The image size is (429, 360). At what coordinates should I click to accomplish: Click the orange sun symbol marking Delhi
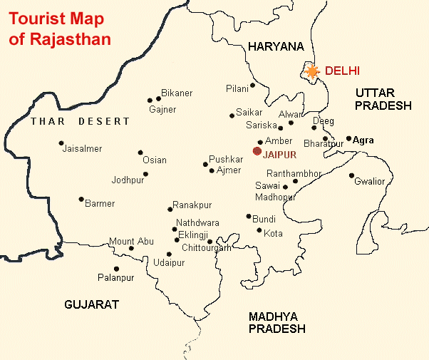click(x=311, y=71)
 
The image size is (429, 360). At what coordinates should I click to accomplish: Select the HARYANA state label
click(x=276, y=46)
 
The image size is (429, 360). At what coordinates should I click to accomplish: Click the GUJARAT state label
click(x=91, y=304)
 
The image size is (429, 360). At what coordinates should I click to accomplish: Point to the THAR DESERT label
click(x=81, y=122)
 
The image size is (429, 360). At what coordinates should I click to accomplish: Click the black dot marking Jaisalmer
click(x=61, y=143)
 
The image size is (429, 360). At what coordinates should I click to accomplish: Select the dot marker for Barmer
click(x=81, y=199)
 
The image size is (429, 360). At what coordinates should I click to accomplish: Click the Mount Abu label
click(x=131, y=242)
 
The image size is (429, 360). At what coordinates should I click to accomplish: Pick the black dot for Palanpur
click(x=117, y=269)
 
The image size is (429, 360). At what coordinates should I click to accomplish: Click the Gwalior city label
click(x=369, y=182)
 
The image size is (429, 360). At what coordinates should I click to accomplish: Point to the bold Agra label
click(x=363, y=140)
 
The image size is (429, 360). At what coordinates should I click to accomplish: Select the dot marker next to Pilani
click(x=253, y=86)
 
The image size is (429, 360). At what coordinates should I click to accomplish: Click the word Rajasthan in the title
click(x=70, y=39)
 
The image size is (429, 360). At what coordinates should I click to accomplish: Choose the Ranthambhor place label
click(x=294, y=173)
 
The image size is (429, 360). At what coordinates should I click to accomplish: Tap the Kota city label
click(x=273, y=233)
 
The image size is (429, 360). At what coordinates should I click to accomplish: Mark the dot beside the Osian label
click(x=140, y=153)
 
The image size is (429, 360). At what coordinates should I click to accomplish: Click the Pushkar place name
click(x=226, y=160)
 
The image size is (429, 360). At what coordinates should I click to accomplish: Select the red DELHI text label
click(x=342, y=71)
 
